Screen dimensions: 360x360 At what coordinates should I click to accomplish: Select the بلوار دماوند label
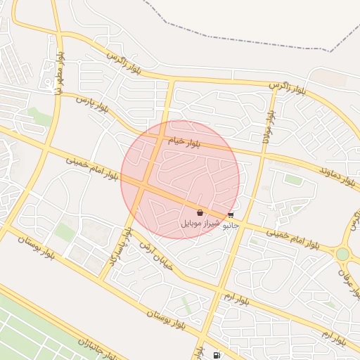(337, 176)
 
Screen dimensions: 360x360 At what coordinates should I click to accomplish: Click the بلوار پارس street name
(94, 105)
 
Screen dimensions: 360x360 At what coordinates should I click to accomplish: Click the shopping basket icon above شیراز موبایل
(200, 212)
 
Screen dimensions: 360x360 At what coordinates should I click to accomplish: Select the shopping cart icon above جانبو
(231, 216)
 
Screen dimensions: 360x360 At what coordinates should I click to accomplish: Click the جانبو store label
(231, 226)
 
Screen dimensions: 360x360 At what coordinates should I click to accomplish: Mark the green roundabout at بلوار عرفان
(342, 254)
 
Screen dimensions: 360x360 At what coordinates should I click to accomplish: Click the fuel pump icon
(216, 354)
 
